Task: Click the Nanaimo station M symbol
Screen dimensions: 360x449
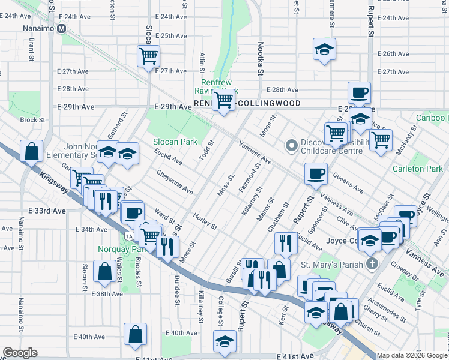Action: point(61,28)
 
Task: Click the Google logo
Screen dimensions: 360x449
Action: point(20,353)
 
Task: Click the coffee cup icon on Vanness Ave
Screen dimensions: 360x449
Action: point(316,174)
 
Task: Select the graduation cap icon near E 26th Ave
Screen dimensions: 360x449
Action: point(324,49)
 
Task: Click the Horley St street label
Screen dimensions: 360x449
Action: point(205,221)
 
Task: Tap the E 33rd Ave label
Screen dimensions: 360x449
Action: point(46,211)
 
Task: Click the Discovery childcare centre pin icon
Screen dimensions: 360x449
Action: point(292,146)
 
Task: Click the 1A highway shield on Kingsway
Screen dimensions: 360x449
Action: point(129,236)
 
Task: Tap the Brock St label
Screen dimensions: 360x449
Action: point(28,120)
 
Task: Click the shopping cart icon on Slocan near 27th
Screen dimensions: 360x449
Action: point(148,56)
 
